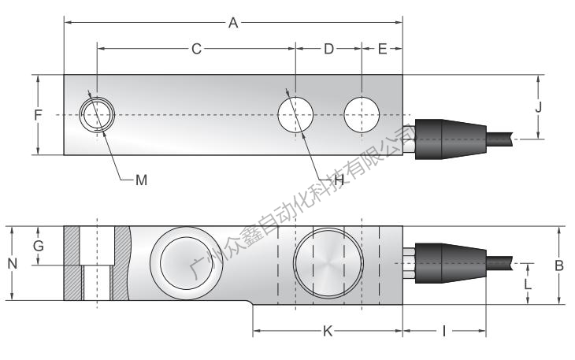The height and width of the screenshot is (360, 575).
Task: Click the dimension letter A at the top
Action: click(x=233, y=23)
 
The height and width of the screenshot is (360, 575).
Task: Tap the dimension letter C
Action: click(x=196, y=49)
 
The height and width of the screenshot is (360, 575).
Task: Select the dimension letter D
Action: click(x=328, y=49)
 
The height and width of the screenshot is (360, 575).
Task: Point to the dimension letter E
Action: click(x=382, y=49)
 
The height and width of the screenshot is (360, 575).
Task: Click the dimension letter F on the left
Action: click(x=38, y=115)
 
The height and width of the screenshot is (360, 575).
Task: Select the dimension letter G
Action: click(x=38, y=246)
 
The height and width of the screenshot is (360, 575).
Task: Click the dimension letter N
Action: click(x=13, y=264)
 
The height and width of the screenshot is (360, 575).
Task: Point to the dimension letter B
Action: click(x=558, y=265)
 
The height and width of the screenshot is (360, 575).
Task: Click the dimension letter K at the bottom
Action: click(x=328, y=332)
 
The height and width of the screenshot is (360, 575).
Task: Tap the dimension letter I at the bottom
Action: click(x=443, y=332)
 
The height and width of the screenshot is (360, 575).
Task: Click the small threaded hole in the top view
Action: click(x=98, y=116)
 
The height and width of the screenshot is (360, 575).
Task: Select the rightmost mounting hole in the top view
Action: click(x=362, y=115)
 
